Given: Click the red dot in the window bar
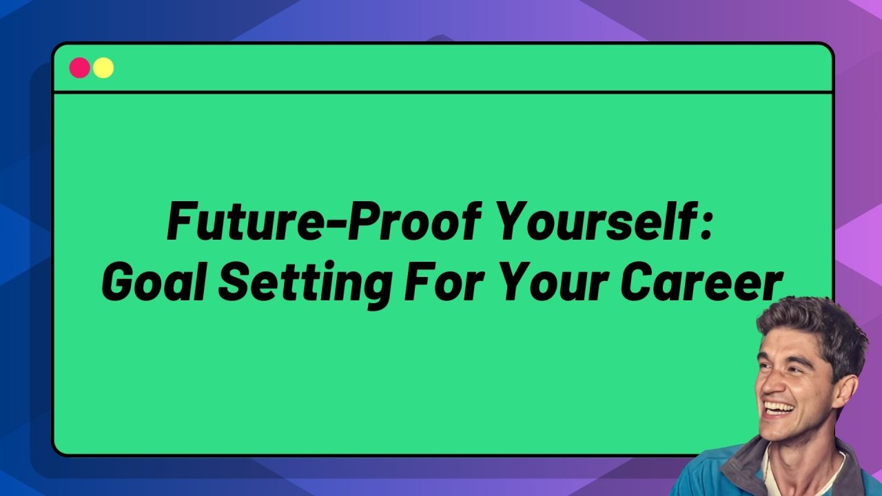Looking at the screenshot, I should [x=79, y=68].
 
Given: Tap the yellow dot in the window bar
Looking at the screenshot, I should [x=103, y=68].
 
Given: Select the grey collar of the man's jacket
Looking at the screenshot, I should [x=744, y=468].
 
